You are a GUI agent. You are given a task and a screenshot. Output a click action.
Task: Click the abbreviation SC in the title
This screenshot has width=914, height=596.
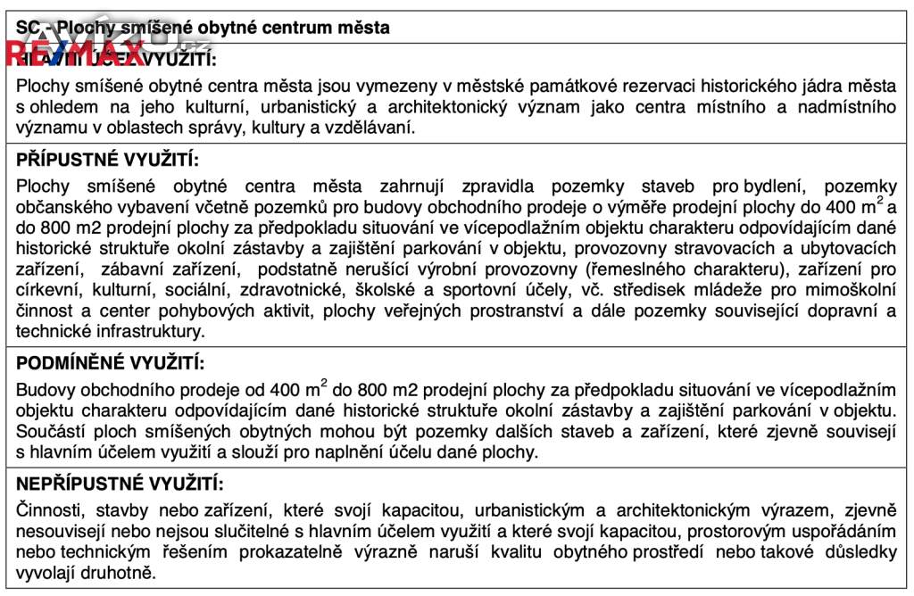tap(28, 28)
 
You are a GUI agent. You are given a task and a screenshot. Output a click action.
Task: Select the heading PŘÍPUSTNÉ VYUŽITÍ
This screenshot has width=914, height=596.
tap(107, 161)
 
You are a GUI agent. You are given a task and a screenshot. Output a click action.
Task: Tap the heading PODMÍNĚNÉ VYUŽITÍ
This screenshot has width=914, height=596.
tap(111, 364)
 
